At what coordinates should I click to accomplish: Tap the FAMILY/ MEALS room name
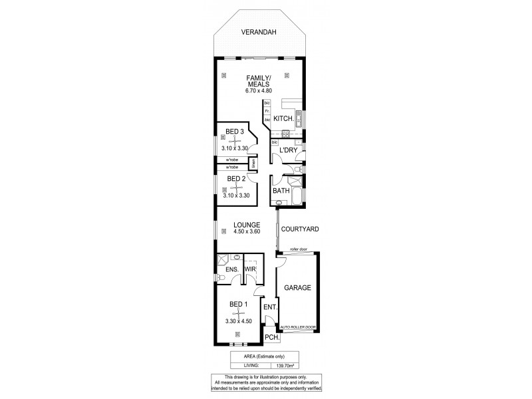(257, 82)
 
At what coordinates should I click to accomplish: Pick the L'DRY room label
(287, 151)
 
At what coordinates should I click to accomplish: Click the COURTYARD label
(300, 229)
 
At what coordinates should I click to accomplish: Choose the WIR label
(250, 269)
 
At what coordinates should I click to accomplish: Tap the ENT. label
(269, 307)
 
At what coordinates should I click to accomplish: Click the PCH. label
(271, 338)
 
